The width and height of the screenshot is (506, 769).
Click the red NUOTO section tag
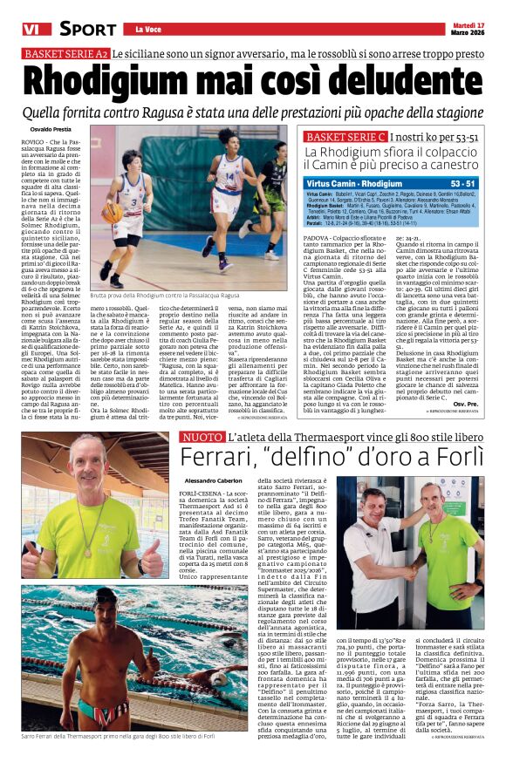coord(202,435)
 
